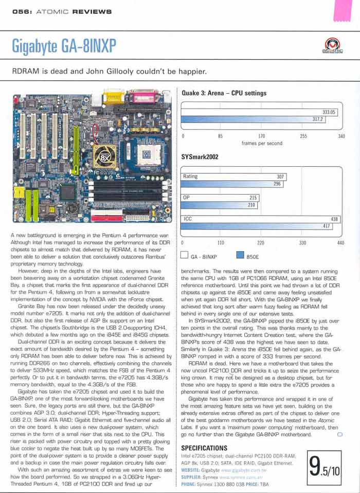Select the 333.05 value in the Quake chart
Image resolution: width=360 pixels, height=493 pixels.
(x=329, y=112)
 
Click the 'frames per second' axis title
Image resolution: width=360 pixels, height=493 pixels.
(x=262, y=144)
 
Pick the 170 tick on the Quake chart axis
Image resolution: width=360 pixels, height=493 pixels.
(x=262, y=136)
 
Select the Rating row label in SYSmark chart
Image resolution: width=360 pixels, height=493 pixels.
(x=191, y=177)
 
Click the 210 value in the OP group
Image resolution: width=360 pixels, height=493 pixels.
(x=252, y=205)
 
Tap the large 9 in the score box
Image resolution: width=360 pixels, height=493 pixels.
(x=316, y=467)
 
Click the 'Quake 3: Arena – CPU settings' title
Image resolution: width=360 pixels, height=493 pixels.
(x=224, y=93)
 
